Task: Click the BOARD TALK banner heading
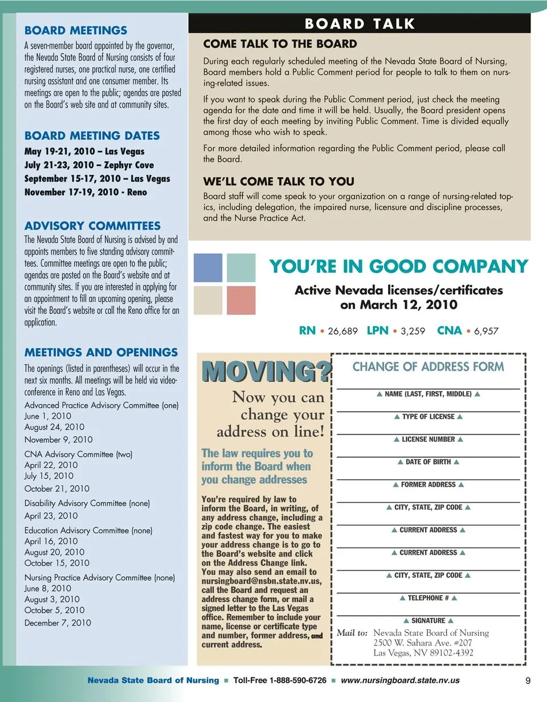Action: click(360, 24)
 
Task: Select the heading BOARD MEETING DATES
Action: click(92, 136)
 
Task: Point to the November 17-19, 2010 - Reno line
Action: click(85, 192)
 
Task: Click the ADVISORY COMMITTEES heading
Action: click(92, 226)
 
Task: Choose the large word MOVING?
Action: click(266, 372)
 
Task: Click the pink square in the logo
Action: click(241, 300)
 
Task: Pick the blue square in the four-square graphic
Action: click(208, 268)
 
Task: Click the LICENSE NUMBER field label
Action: click(428, 439)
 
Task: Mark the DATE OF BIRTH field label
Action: click(428, 462)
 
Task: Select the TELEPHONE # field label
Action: click(428, 598)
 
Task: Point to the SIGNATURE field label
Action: click(428, 621)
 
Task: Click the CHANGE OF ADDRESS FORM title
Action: click(428, 366)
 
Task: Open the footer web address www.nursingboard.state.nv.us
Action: click(399, 680)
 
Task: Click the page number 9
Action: click(528, 680)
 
